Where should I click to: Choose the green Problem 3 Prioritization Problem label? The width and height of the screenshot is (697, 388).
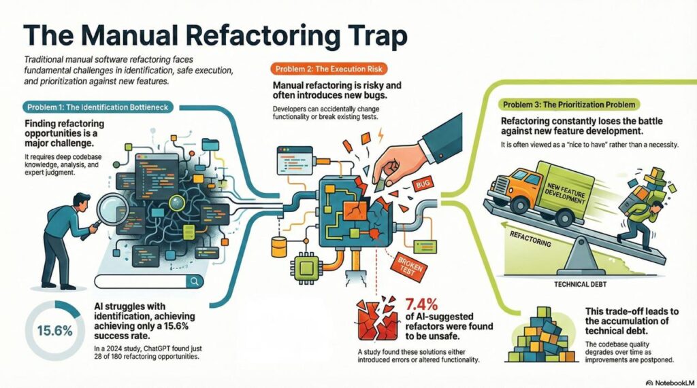568,105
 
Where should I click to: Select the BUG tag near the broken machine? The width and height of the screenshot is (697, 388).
422,185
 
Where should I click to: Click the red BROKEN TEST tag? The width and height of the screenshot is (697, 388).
408,264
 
